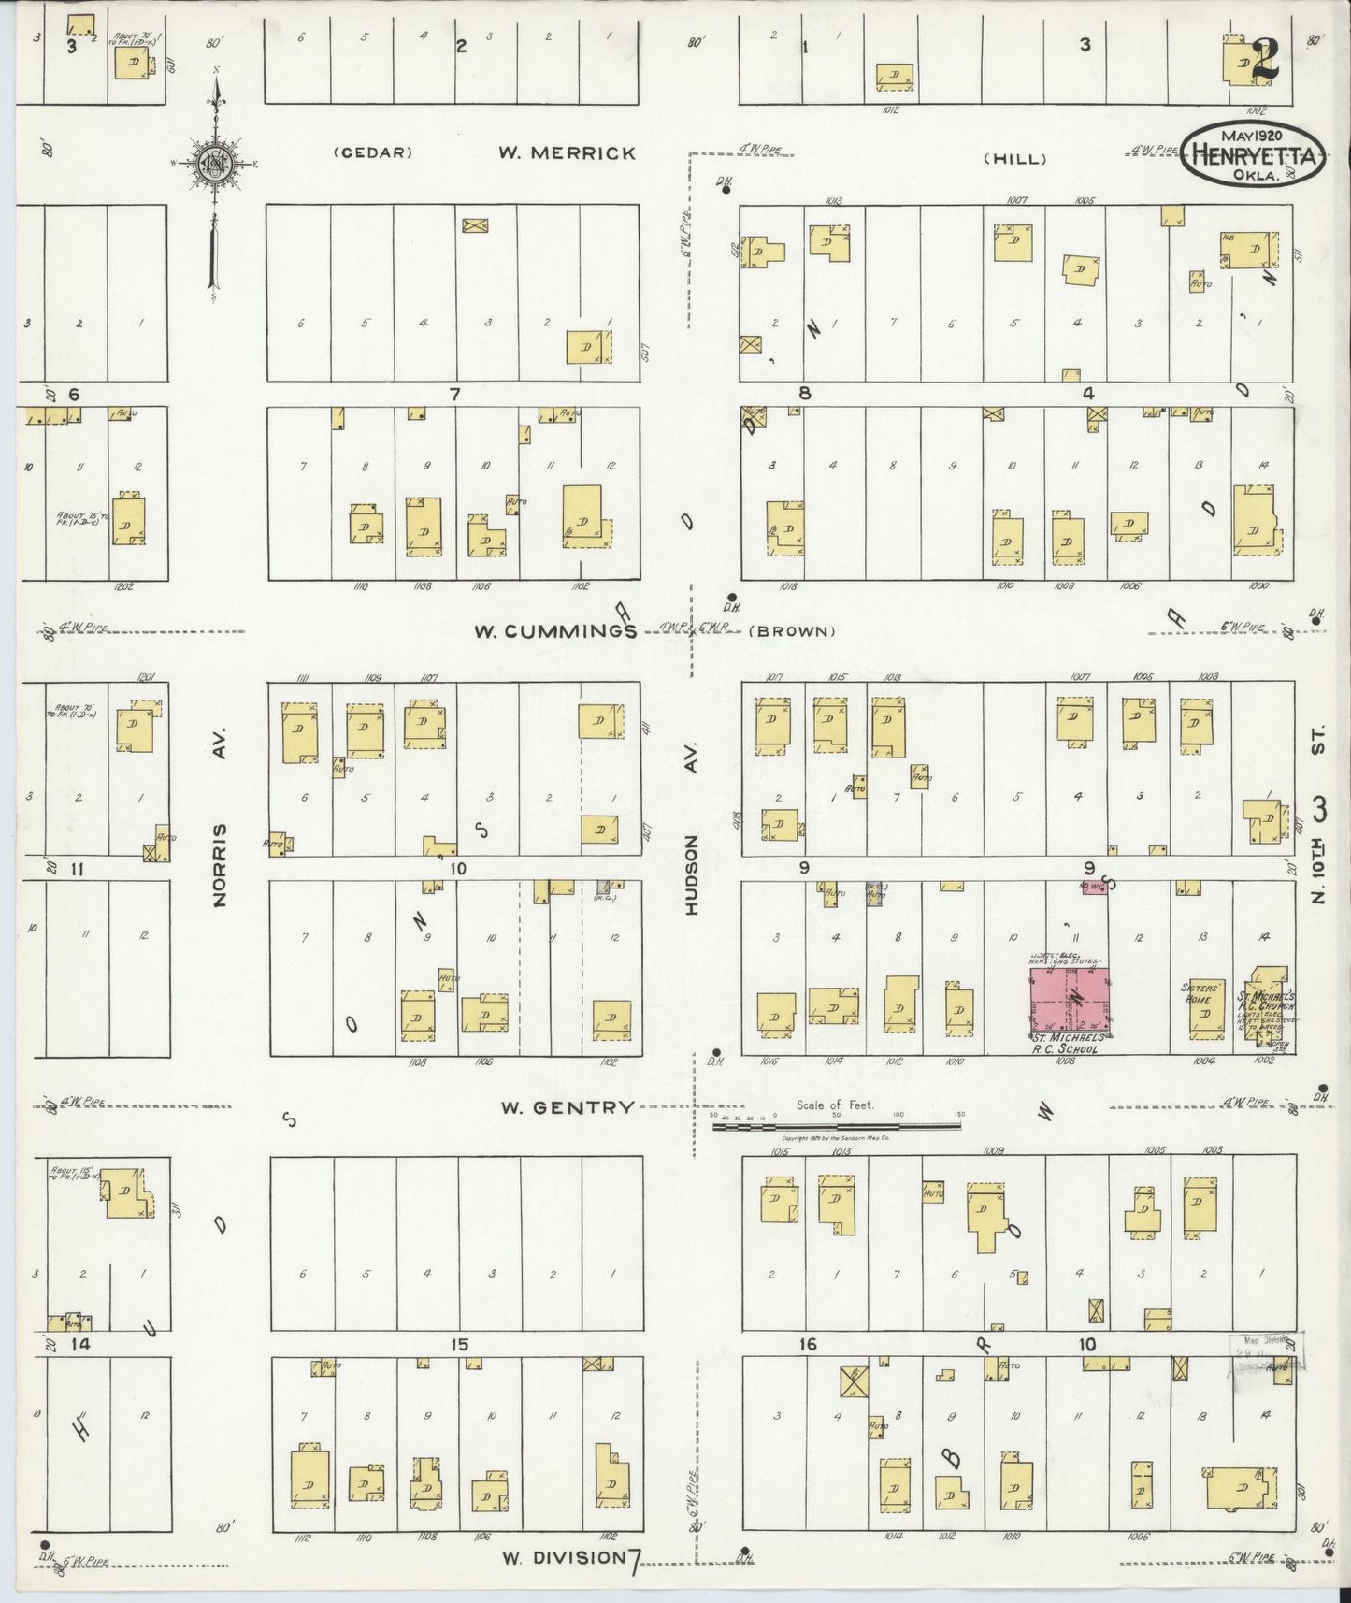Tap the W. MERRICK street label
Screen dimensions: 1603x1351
567,153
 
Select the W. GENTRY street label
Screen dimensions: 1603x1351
567,1107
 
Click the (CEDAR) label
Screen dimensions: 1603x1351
373,153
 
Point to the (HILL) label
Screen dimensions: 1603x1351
1015,159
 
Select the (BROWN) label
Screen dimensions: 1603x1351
794,631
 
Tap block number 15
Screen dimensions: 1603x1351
458,1345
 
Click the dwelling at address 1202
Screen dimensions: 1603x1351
128,521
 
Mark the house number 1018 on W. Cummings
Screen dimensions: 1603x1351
788,586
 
